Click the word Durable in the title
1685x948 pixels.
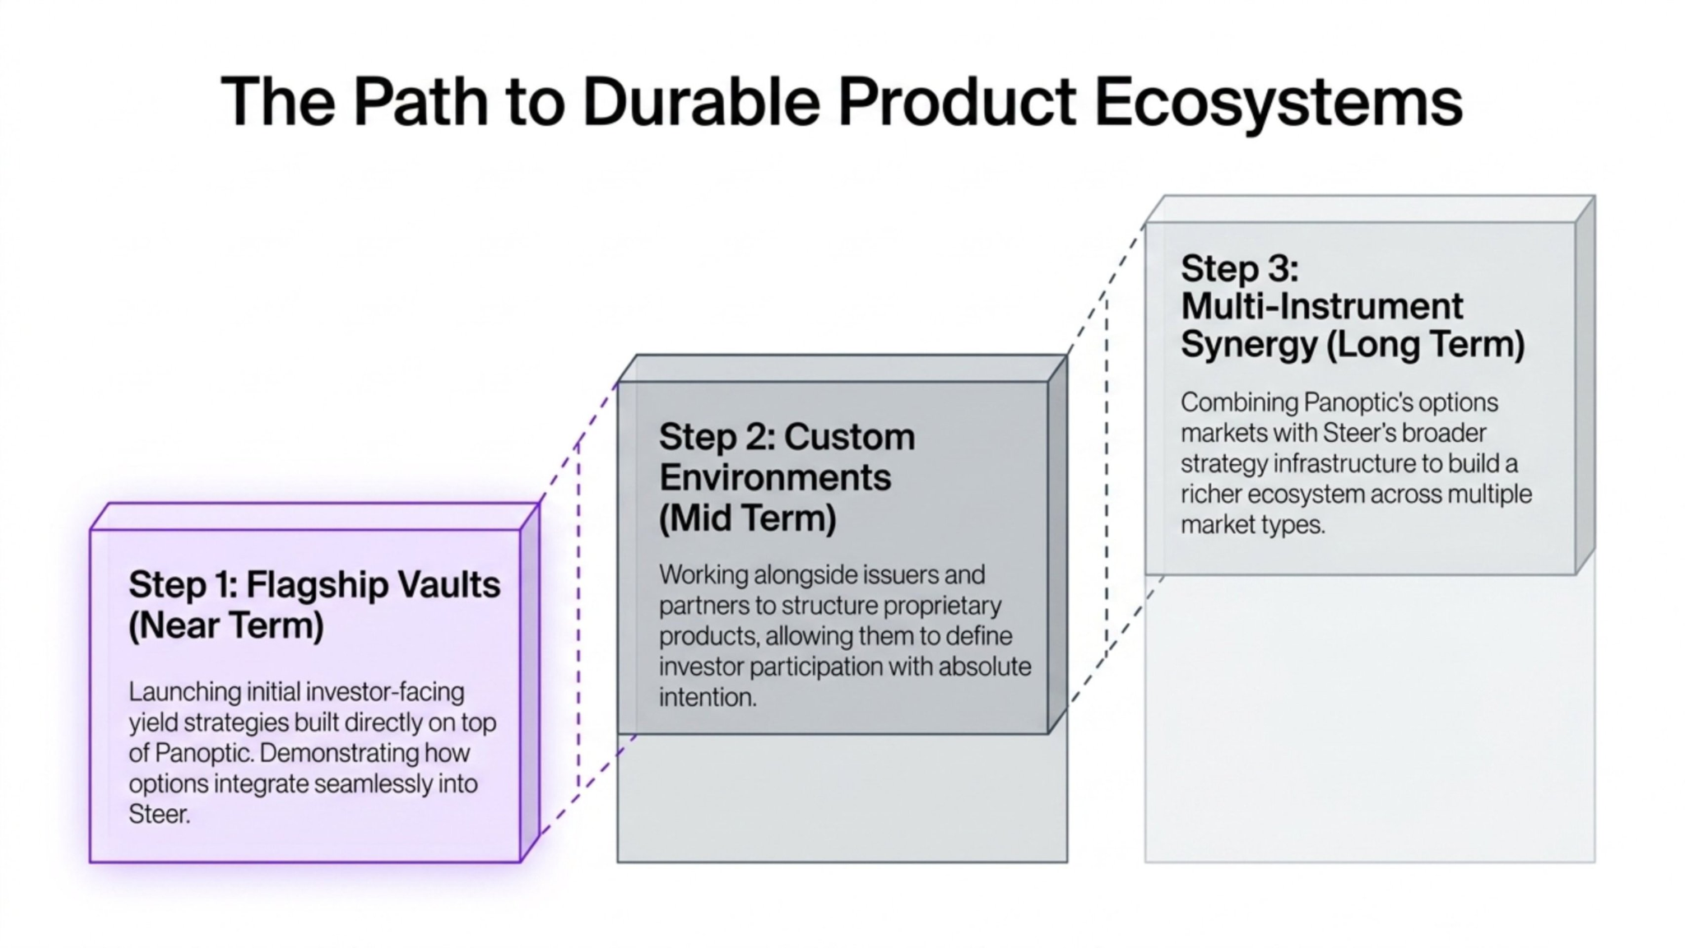coord(702,102)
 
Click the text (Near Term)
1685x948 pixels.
coord(226,625)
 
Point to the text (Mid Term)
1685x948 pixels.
coord(748,518)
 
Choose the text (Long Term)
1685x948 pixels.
coord(1426,344)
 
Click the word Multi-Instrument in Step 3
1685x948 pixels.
coord(1322,306)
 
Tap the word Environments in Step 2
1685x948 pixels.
coord(775,477)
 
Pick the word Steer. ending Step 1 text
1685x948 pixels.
coord(160,814)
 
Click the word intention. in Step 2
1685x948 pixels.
coord(708,697)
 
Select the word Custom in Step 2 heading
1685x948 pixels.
coord(850,437)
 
